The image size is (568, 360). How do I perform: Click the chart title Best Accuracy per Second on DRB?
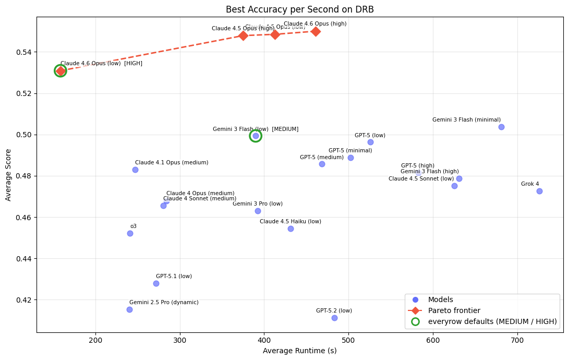(299, 9)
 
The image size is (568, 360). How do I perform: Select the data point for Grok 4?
(539, 191)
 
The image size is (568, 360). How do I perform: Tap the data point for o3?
(130, 233)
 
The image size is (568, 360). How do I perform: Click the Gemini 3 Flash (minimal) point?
(501, 127)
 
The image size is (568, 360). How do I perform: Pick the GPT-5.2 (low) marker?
(334, 318)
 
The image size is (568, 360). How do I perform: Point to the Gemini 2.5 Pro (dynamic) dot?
(129, 309)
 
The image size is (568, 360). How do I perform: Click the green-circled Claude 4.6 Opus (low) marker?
(61, 71)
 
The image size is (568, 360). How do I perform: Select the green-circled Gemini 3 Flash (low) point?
(256, 136)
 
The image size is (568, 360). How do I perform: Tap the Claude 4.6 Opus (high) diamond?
(316, 31)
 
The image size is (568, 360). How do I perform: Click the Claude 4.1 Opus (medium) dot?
(135, 170)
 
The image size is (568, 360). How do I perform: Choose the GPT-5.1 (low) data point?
(156, 283)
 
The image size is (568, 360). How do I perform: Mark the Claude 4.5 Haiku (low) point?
(291, 229)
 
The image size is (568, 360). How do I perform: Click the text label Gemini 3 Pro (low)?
(258, 204)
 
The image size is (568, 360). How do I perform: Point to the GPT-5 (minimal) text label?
(350, 151)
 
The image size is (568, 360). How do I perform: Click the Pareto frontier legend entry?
(454, 310)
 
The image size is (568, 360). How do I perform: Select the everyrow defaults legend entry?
(492, 321)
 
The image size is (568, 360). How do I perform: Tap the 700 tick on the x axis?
(517, 340)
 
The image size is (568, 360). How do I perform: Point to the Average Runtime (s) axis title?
(299, 351)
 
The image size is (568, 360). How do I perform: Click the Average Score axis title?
(8, 175)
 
